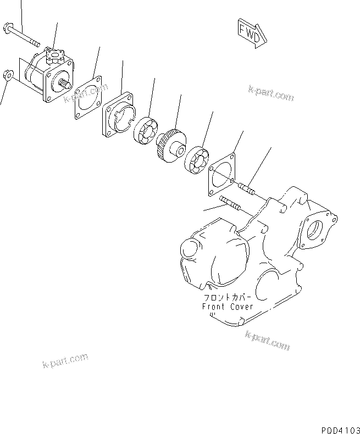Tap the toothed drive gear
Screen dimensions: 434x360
[x=171, y=145]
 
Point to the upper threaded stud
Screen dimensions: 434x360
[x=246, y=190]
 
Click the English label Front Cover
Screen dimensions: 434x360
[x=227, y=307]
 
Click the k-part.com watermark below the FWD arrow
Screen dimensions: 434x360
[x=271, y=94]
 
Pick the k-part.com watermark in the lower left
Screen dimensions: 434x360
[x=64, y=360]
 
